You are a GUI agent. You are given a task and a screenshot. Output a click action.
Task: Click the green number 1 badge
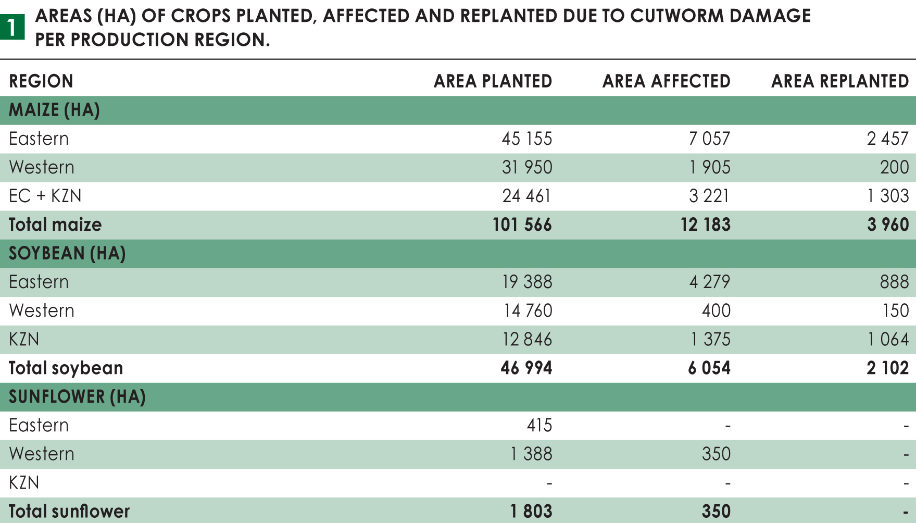pyautogui.click(x=12, y=27)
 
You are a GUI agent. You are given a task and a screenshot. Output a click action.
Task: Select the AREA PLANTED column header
pyautogui.click(x=493, y=81)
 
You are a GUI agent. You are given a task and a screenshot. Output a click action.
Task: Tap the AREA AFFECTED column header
pyautogui.click(x=666, y=81)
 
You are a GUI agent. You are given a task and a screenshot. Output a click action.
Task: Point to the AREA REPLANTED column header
pyautogui.click(x=839, y=81)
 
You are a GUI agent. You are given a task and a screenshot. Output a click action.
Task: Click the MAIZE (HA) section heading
pyautogui.click(x=54, y=110)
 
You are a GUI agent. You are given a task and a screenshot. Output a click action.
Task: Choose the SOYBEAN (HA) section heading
pyautogui.click(x=67, y=253)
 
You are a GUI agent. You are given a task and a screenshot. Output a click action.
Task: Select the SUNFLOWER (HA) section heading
pyautogui.click(x=77, y=396)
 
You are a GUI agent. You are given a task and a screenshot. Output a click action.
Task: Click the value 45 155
pyautogui.click(x=526, y=139)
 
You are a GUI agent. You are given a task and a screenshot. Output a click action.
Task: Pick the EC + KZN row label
pyautogui.click(x=45, y=196)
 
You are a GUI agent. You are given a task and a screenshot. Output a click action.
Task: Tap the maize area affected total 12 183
pyautogui.click(x=705, y=225)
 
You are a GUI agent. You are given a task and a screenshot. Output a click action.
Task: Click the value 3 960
pyautogui.click(x=887, y=225)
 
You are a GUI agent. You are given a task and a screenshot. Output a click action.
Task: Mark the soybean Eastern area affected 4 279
pyautogui.click(x=709, y=282)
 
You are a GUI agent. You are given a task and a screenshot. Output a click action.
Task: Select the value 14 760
pyautogui.click(x=528, y=310)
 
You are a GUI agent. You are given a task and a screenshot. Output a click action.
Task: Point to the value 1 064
pyautogui.click(x=887, y=339)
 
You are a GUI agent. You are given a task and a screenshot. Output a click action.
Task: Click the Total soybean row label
pyautogui.click(x=66, y=368)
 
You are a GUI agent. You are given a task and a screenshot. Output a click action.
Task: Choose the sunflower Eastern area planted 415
pyautogui.click(x=539, y=425)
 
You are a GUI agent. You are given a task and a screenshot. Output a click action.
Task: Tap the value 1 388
pyautogui.click(x=531, y=454)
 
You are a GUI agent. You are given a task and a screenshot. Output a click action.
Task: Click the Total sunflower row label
pyautogui.click(x=69, y=511)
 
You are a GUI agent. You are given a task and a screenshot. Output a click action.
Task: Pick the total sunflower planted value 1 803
pyautogui.click(x=531, y=511)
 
